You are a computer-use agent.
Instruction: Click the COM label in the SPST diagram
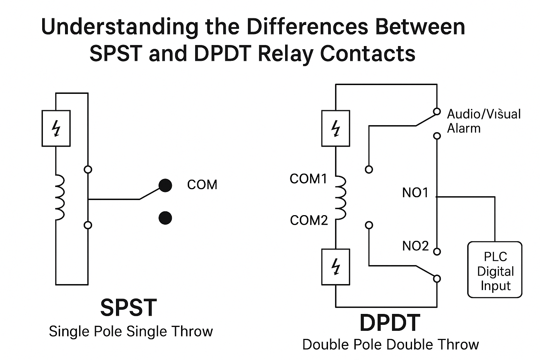tap(202, 185)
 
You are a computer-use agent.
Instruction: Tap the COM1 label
tap(308, 179)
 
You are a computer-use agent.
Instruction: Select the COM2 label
tap(309, 220)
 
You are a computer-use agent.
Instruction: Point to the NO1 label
tap(415, 193)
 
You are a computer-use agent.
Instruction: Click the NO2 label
tap(415, 246)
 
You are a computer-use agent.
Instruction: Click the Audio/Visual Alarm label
tap(483, 121)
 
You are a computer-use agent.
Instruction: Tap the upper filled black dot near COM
tap(165, 185)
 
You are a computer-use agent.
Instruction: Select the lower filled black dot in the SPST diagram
tap(165, 218)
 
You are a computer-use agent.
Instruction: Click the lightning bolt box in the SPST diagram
tap(56, 128)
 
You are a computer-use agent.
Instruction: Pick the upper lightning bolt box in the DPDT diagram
tap(336, 128)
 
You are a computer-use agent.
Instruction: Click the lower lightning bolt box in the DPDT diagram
tap(336, 266)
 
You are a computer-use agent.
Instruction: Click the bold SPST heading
tap(128, 308)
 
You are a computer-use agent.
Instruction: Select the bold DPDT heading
tap(390, 323)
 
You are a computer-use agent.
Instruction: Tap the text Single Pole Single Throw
tap(131, 332)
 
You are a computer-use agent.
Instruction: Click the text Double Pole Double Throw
tap(390, 345)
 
